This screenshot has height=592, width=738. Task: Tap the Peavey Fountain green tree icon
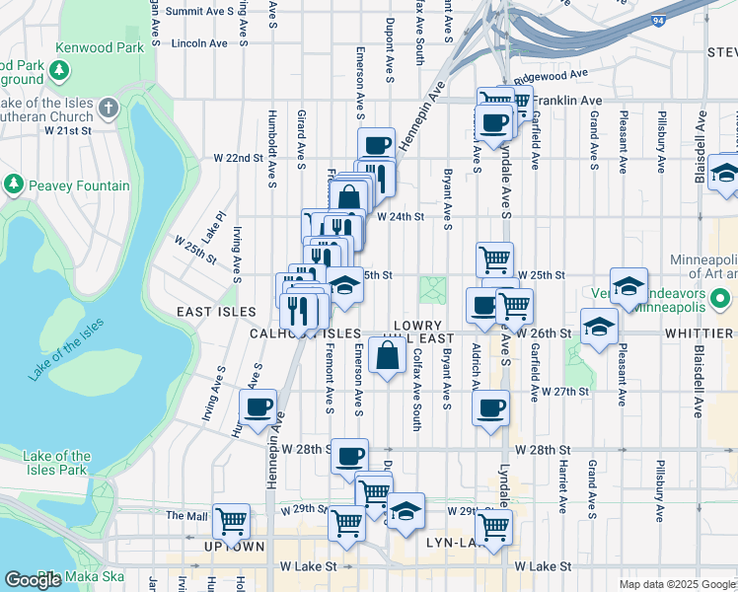(14, 185)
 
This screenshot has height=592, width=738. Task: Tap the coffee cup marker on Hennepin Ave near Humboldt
(258, 407)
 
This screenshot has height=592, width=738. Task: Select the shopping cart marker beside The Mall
(231, 520)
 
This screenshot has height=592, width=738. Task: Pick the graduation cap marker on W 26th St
(599, 327)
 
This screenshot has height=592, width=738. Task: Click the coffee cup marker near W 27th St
(491, 407)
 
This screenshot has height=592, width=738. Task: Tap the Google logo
(33, 580)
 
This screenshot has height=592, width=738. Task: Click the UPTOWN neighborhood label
(232, 546)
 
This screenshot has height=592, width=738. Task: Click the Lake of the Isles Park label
(56, 463)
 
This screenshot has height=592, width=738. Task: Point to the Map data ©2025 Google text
(676, 584)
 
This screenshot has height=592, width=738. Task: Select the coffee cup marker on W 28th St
(349, 456)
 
